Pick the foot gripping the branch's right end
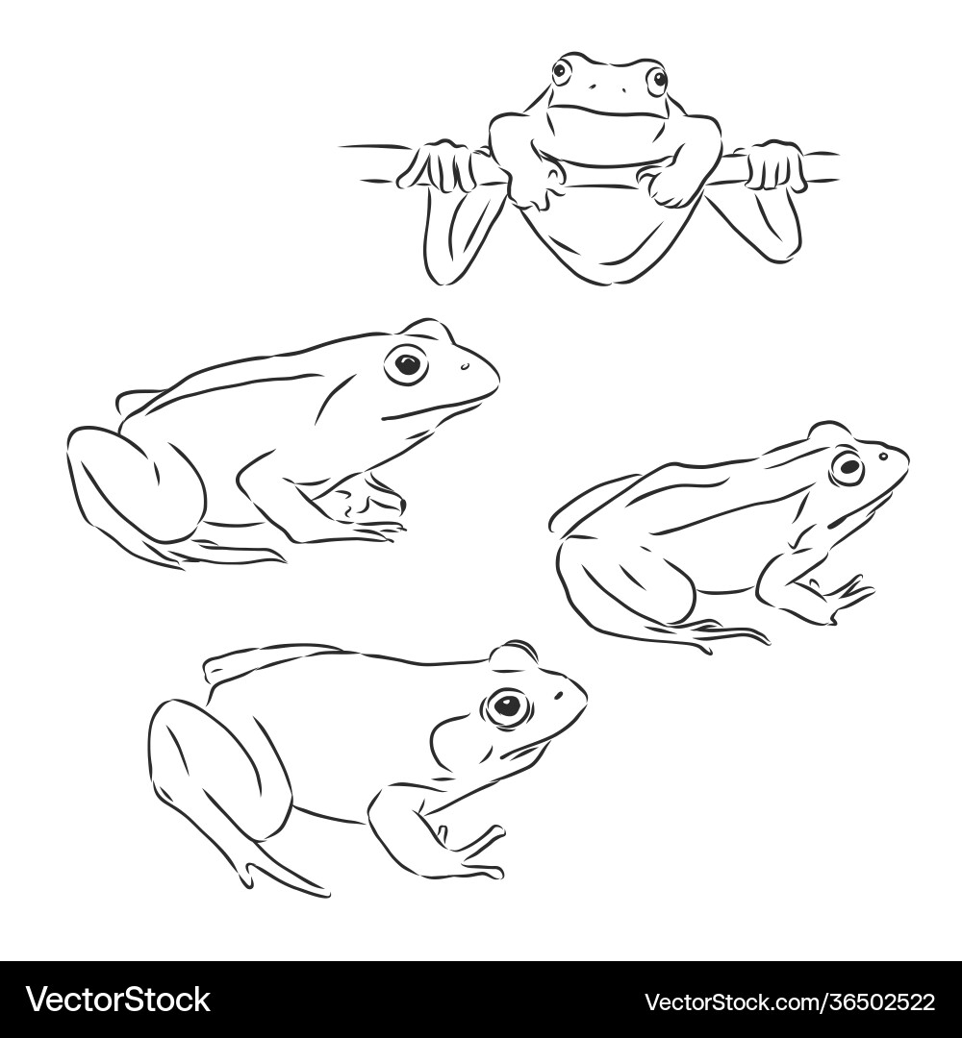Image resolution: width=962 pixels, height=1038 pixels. (775, 166)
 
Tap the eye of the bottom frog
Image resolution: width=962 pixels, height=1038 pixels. (506, 708)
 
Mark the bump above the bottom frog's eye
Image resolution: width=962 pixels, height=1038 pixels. (515, 656)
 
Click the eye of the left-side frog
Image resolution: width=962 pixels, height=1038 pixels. (407, 364)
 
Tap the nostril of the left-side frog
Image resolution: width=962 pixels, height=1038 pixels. (464, 365)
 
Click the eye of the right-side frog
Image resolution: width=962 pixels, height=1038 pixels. (848, 467)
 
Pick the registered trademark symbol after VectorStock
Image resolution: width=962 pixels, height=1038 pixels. (214, 989)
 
